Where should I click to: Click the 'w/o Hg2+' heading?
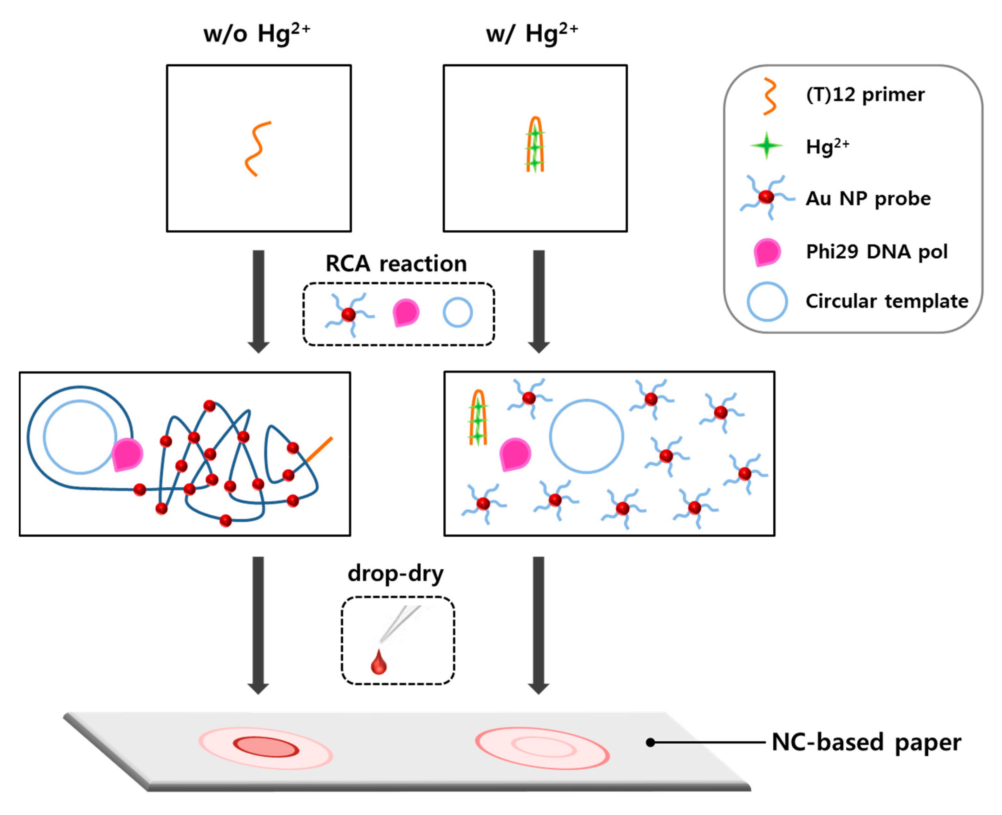[x=256, y=34]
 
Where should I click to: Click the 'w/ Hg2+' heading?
[x=532, y=34]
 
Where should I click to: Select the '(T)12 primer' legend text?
[x=865, y=95]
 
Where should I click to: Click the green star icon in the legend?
[x=766, y=146]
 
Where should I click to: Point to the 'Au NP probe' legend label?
[x=868, y=199]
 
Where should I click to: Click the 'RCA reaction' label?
[x=396, y=264]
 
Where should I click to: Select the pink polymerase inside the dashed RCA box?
[x=406, y=312]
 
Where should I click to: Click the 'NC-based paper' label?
[x=866, y=742]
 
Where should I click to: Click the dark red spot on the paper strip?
[x=266, y=747]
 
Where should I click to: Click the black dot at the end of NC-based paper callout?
[x=650, y=742]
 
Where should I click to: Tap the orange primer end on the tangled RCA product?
[x=320, y=449]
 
